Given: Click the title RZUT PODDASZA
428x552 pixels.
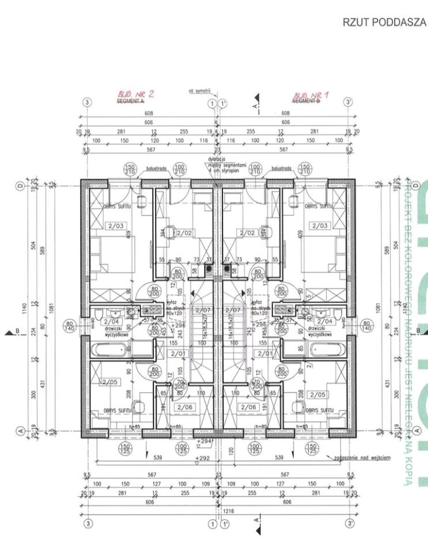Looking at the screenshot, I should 384,23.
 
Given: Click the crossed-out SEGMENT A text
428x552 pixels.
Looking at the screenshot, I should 131,101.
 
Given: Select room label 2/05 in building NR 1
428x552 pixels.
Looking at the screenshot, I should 318,394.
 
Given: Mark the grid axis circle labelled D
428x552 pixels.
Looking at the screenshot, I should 21,186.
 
